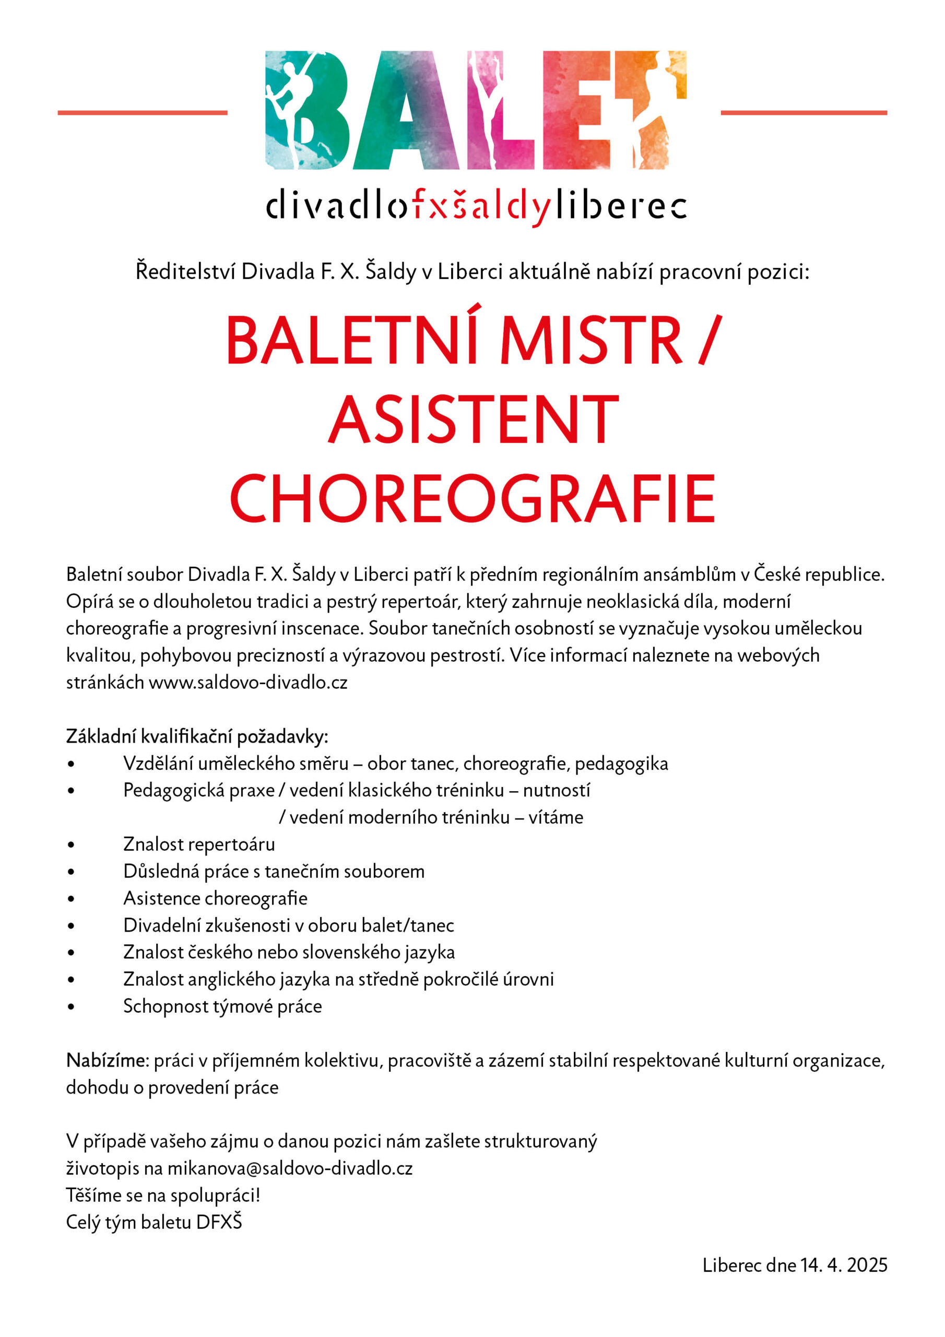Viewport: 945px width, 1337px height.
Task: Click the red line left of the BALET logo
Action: pyautogui.click(x=142, y=112)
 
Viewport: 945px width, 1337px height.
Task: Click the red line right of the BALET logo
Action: pyautogui.click(x=804, y=112)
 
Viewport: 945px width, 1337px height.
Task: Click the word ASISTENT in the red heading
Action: pyautogui.click(x=473, y=420)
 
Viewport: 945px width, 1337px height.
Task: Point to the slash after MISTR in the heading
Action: pyautogui.click(x=711, y=340)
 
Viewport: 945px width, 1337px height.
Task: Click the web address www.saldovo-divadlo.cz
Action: pyautogui.click(x=248, y=683)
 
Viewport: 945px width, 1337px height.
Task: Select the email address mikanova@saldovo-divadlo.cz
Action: pyautogui.click(x=290, y=1168)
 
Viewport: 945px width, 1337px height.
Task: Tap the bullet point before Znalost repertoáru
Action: pyautogui.click(x=71, y=845)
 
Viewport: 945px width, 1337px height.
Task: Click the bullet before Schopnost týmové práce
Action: pyautogui.click(x=71, y=1007)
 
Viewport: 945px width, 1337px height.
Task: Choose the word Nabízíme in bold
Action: pyautogui.click(x=108, y=1060)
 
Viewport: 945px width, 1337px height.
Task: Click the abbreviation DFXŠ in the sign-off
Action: pyautogui.click(x=219, y=1222)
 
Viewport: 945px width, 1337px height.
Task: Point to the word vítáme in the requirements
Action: pyautogui.click(x=556, y=817)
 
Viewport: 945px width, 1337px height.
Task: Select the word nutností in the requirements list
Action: pyautogui.click(x=556, y=790)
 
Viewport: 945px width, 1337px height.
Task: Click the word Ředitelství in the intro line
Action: pyautogui.click(x=186, y=272)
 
